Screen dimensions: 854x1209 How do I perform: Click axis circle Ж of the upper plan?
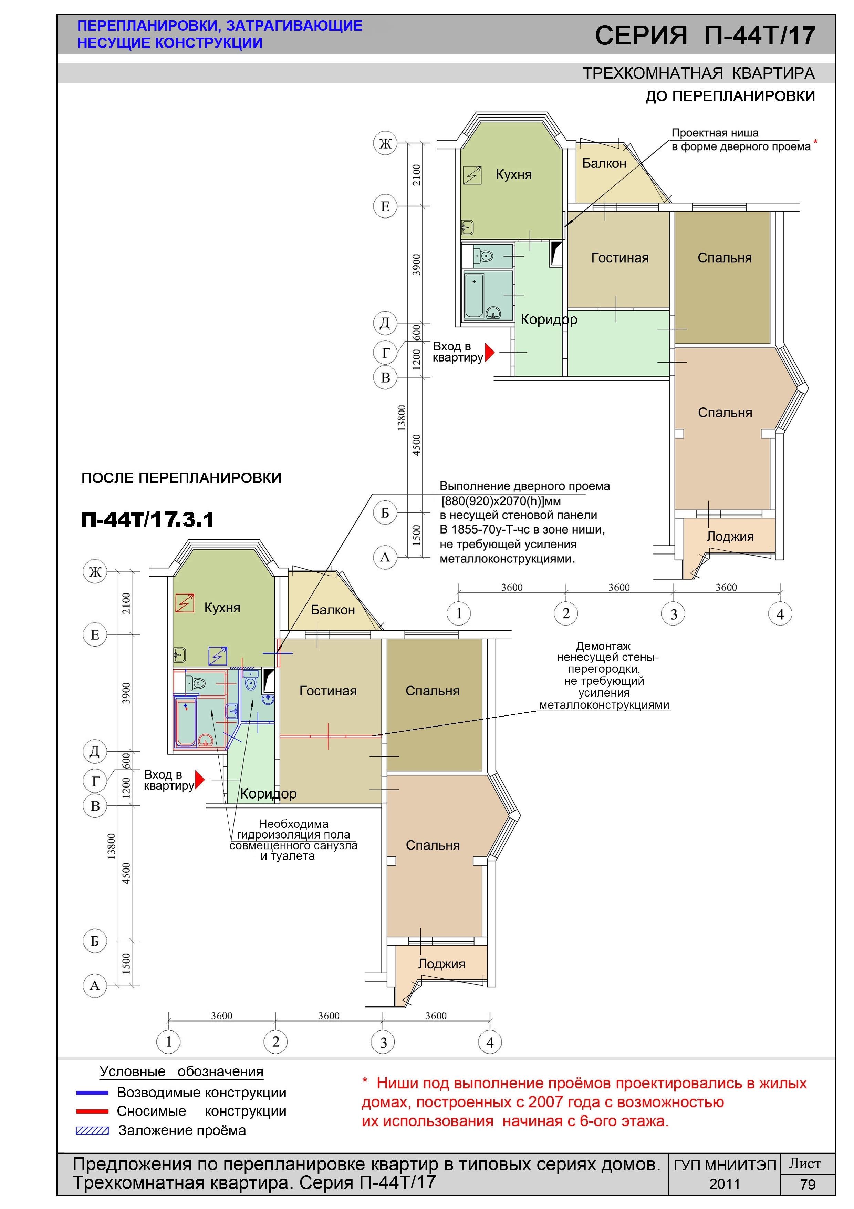(x=385, y=143)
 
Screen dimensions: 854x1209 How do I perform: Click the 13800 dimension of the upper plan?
(x=402, y=418)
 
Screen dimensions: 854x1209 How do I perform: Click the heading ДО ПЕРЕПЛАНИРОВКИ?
(x=730, y=96)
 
